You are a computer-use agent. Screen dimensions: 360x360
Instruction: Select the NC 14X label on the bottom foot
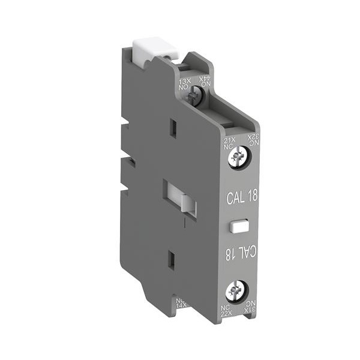click(x=182, y=302)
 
